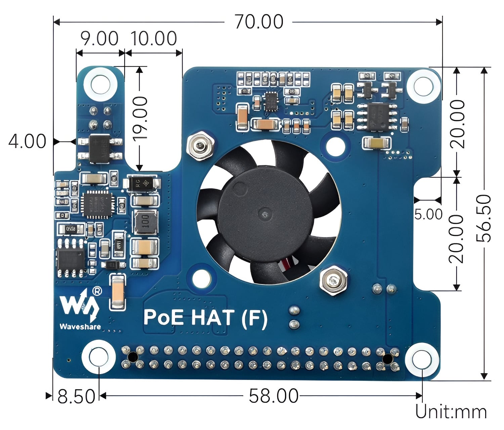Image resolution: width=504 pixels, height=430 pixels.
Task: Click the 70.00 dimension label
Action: click(259, 22)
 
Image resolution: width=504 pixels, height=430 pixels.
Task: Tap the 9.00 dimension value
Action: click(99, 39)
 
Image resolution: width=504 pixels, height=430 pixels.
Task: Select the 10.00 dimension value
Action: click(154, 39)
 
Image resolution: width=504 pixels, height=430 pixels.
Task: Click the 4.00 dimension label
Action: click(27, 141)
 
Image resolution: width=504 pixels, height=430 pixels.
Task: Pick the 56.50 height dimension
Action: click(484, 218)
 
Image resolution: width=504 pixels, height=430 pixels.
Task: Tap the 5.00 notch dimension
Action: click(428, 214)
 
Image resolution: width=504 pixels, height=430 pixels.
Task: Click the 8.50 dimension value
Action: click(76, 396)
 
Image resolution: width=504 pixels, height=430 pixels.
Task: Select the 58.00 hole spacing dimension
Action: click(273, 396)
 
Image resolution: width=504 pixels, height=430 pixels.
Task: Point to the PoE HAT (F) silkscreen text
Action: click(205, 318)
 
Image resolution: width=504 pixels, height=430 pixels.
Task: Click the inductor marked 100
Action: click(145, 222)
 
